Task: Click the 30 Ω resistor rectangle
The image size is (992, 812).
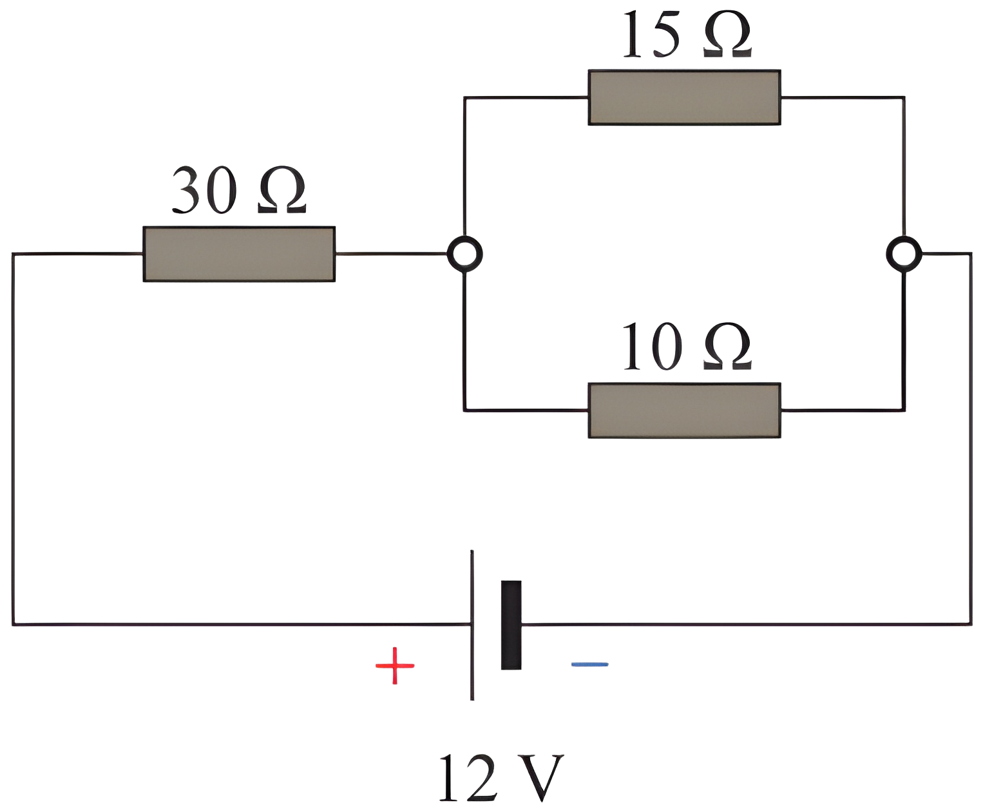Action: (239, 254)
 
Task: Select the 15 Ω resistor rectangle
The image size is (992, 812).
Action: (684, 97)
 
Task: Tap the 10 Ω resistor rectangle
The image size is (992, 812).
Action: (684, 411)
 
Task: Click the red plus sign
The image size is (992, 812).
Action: (395, 666)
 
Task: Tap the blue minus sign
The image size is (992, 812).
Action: (590, 664)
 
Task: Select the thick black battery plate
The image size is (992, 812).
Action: (511, 624)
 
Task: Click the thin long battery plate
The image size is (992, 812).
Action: (472, 625)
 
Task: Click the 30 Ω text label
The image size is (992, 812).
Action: (239, 190)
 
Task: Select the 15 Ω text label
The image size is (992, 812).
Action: (687, 34)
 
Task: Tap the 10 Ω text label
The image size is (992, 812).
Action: (687, 347)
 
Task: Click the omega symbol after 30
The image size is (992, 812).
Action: (282, 189)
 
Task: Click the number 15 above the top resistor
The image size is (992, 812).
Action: (651, 34)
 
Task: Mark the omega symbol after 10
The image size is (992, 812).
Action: (727, 346)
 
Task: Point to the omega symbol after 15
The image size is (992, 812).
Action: (727, 34)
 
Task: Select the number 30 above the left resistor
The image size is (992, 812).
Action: (203, 190)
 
